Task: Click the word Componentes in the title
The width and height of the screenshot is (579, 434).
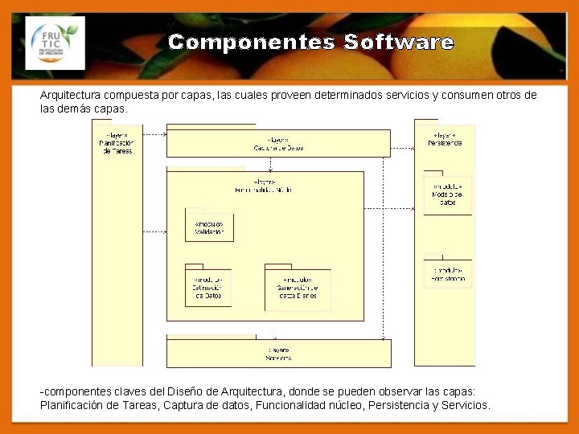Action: (x=252, y=43)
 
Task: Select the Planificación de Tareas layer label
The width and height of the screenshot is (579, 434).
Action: (x=116, y=142)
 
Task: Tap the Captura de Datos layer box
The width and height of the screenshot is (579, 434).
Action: (x=278, y=143)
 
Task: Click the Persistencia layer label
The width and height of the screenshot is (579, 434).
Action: (x=444, y=139)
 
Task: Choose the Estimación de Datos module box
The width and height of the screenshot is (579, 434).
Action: (x=207, y=287)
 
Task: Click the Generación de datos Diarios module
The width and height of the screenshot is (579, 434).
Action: (x=298, y=289)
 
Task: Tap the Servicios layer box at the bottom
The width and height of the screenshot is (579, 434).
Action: (x=278, y=353)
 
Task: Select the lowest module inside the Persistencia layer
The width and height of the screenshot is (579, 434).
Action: (x=447, y=273)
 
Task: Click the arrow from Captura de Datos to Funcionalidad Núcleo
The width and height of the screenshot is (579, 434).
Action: (x=272, y=164)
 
